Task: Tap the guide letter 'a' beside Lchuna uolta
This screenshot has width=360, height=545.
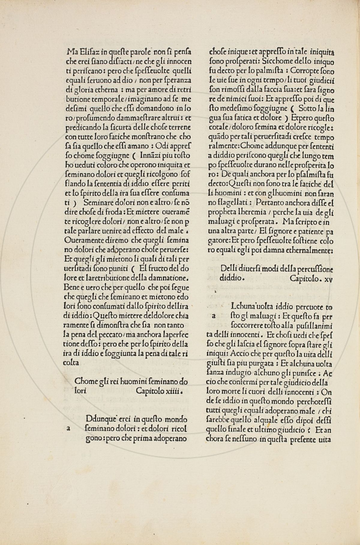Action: pyautogui.click(x=214, y=316)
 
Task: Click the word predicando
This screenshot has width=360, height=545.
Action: pyautogui.click(x=80, y=127)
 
